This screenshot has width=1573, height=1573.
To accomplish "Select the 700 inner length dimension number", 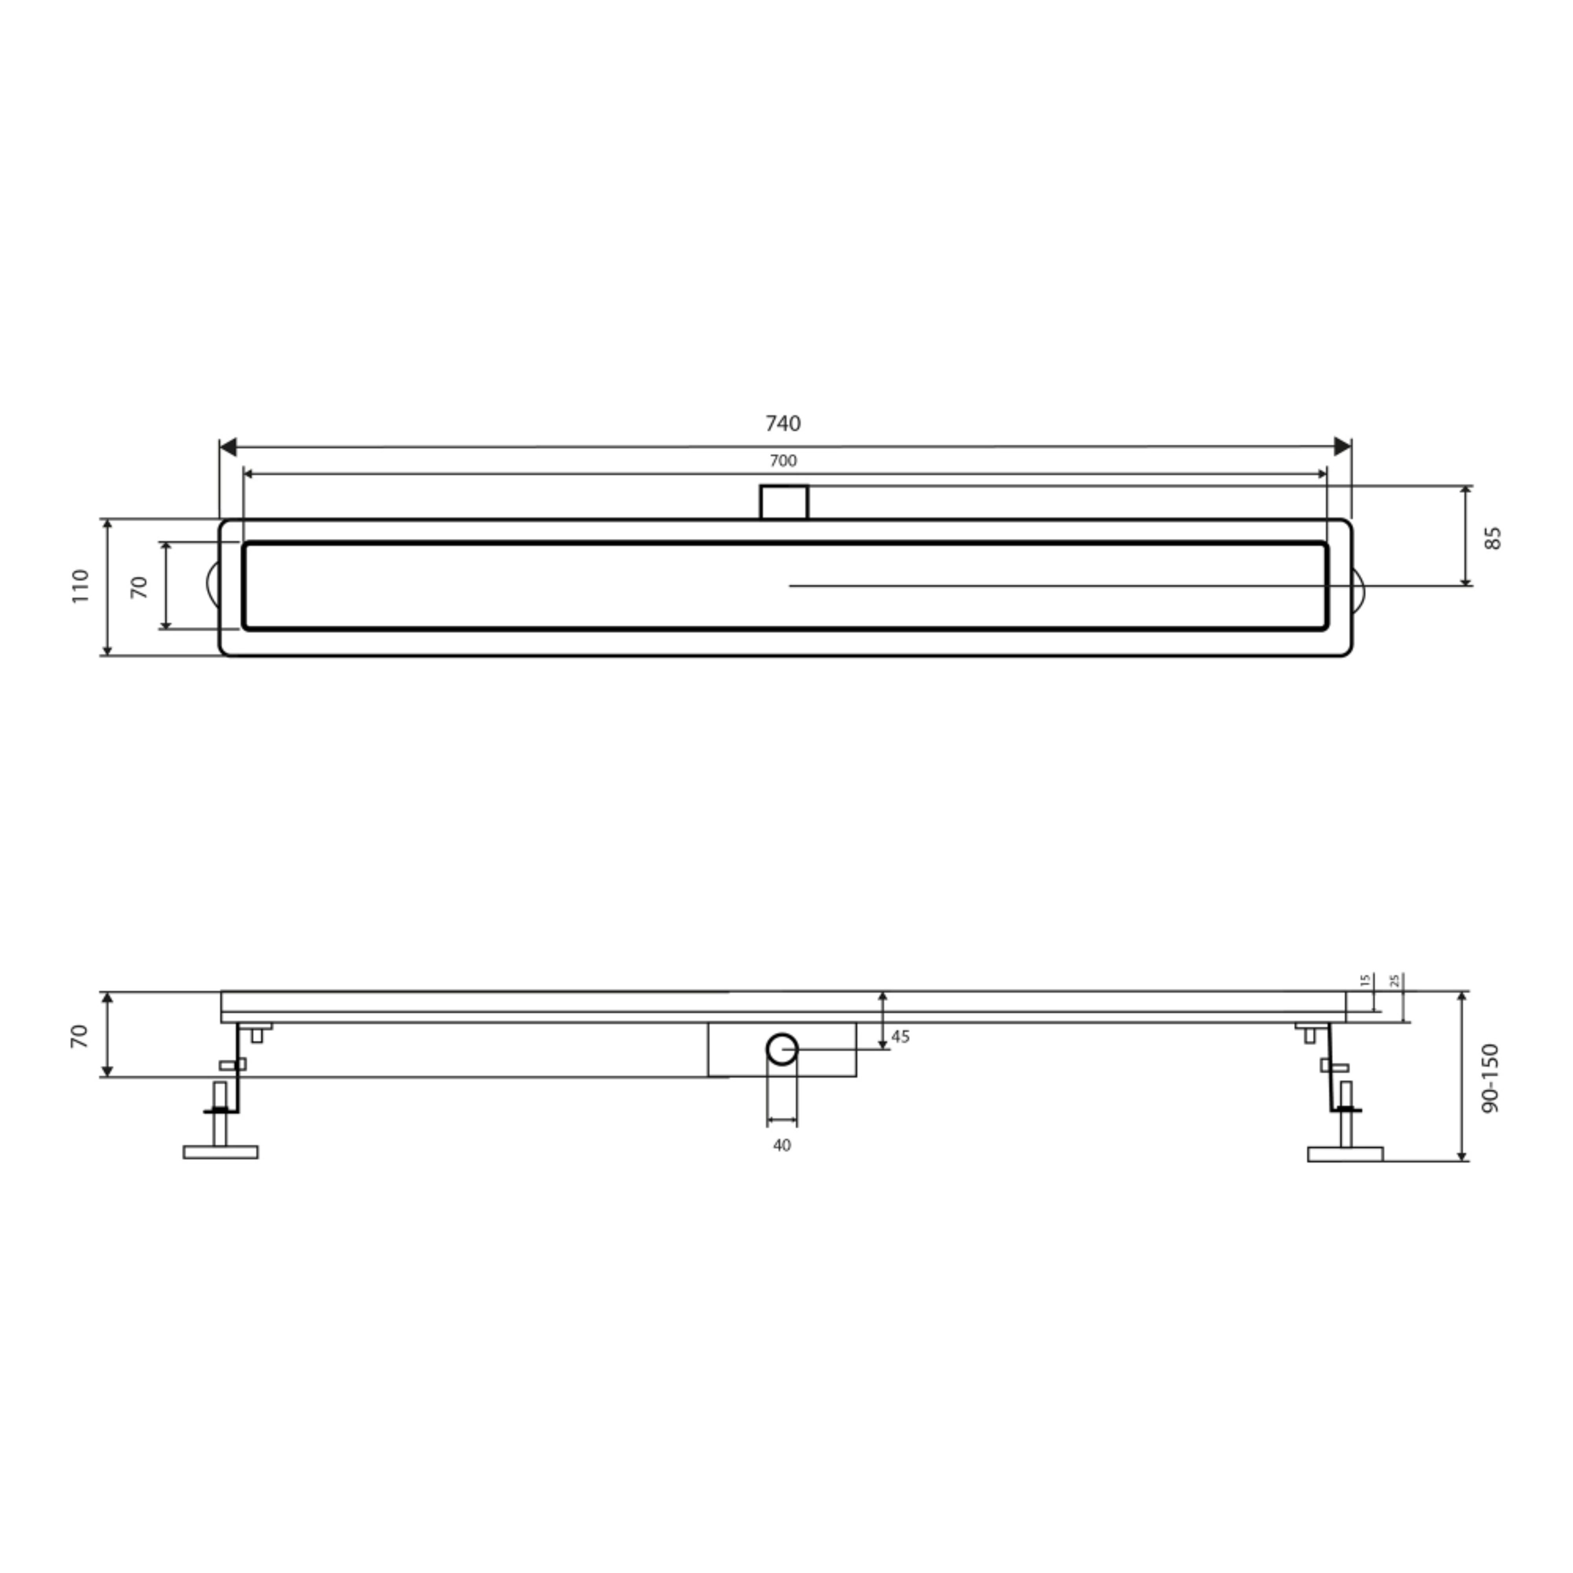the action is coord(783,461).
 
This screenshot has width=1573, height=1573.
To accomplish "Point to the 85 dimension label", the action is coord(1492,538).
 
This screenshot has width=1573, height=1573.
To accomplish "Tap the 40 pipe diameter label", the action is coord(782,1146).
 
